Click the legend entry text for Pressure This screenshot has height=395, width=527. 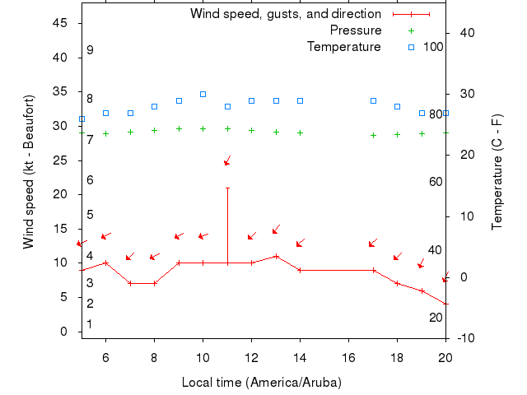pos(356,30)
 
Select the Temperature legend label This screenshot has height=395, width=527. pos(344,46)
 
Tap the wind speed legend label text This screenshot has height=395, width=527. pos(285,14)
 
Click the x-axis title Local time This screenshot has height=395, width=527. pos(261,383)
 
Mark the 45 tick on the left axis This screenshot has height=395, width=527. pos(60,23)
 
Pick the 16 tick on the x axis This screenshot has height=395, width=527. pos(348,358)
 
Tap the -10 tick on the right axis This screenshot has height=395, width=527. pos(466,338)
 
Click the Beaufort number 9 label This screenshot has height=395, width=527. pos(90,50)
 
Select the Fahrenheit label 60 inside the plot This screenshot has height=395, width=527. pos(436,182)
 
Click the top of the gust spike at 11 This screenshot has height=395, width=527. pos(227,188)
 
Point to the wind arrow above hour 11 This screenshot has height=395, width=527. pos(227,160)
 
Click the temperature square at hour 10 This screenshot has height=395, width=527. pos(203,94)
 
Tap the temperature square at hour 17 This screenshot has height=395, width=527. pos(373,100)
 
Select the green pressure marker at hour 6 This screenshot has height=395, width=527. pos(105,133)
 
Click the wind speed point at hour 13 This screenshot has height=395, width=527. pos(276,256)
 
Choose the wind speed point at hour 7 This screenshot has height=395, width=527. pos(130,283)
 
